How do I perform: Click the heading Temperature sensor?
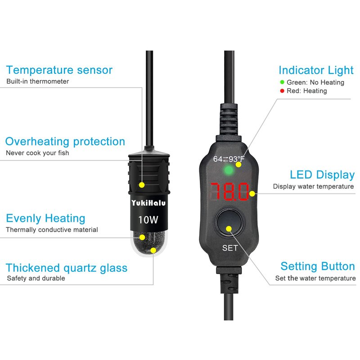click(x=59, y=70)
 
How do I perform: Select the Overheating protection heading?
click(x=65, y=142)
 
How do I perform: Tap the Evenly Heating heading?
click(x=46, y=218)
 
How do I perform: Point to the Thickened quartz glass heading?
click(x=67, y=268)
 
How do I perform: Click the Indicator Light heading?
click(x=316, y=70)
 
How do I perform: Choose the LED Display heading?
click(x=322, y=175)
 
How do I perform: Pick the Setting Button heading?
click(x=318, y=266)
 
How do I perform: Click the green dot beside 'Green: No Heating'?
click(x=282, y=82)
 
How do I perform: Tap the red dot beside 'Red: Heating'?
click(x=282, y=91)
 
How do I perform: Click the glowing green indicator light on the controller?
click(x=229, y=171)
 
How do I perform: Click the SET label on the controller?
click(x=230, y=248)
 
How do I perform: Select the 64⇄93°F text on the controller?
click(x=229, y=159)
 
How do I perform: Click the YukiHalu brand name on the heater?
click(x=148, y=203)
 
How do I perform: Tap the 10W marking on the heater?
click(x=148, y=220)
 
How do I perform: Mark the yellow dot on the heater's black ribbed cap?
click(x=142, y=185)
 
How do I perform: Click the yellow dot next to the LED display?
click(x=252, y=194)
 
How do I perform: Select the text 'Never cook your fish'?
click(x=37, y=153)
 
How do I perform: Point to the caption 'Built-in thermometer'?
click(x=38, y=81)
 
